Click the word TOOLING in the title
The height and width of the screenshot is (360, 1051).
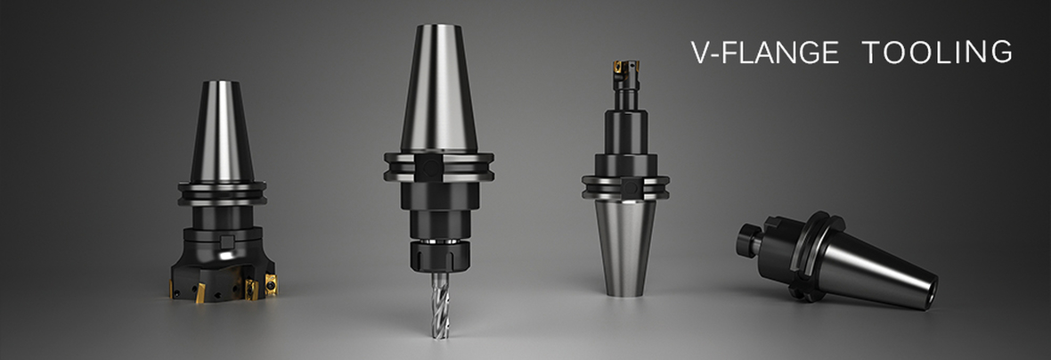point(937,52)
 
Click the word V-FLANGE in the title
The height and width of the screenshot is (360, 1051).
point(765,53)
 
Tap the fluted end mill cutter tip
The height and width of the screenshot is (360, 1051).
point(440,304)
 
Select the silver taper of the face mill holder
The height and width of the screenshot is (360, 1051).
point(222,131)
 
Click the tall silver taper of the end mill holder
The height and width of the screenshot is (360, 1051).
point(439,88)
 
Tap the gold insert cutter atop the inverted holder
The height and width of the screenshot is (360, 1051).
point(626,67)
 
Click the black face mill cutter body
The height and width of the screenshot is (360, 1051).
point(222,268)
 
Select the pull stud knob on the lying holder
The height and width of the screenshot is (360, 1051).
point(749,240)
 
